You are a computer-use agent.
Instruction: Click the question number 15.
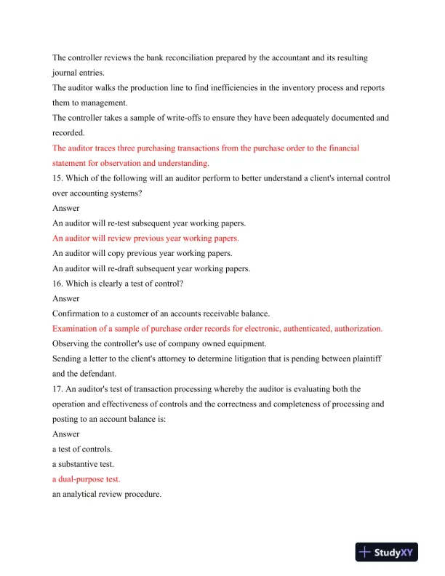pyautogui.click(x=57, y=178)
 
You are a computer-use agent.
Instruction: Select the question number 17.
pyautogui.click(x=57, y=389)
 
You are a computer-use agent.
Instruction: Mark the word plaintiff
pyautogui.click(x=371, y=359)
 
